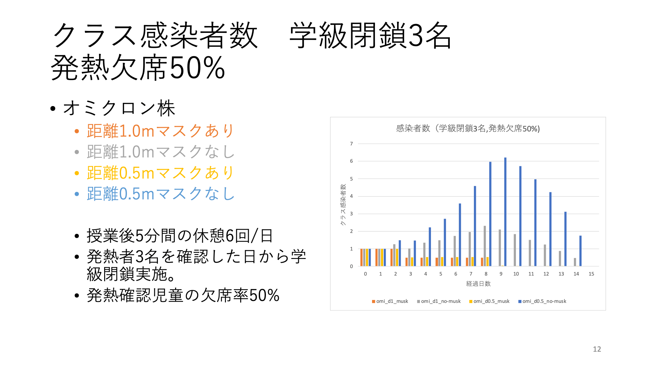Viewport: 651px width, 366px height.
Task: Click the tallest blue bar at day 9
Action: point(505,212)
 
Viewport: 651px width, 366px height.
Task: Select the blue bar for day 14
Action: point(580,251)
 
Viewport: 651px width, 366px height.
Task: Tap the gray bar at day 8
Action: point(485,246)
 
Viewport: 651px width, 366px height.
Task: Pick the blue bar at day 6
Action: point(460,235)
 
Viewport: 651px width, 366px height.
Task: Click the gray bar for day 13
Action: point(560,259)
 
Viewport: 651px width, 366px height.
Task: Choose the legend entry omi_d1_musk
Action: point(390,301)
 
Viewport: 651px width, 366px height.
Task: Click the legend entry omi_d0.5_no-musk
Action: point(542,301)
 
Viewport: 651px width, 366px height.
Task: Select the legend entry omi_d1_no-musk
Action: point(439,301)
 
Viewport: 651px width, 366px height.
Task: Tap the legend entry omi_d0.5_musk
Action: point(489,301)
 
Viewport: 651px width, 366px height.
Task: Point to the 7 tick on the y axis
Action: point(351,143)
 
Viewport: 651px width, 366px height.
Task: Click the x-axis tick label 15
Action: point(591,274)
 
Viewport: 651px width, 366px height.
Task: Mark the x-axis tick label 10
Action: point(516,274)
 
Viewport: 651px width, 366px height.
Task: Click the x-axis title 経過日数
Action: point(478,284)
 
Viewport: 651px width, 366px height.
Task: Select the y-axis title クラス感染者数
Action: point(343,205)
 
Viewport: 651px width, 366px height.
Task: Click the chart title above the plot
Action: point(468,129)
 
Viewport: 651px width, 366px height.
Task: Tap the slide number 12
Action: point(597,349)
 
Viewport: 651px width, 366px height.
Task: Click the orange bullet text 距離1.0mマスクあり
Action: point(160,131)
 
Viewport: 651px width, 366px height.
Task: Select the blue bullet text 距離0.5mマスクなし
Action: point(160,194)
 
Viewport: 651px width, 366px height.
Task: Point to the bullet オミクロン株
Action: point(119,108)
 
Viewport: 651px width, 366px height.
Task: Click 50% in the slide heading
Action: point(197,68)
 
